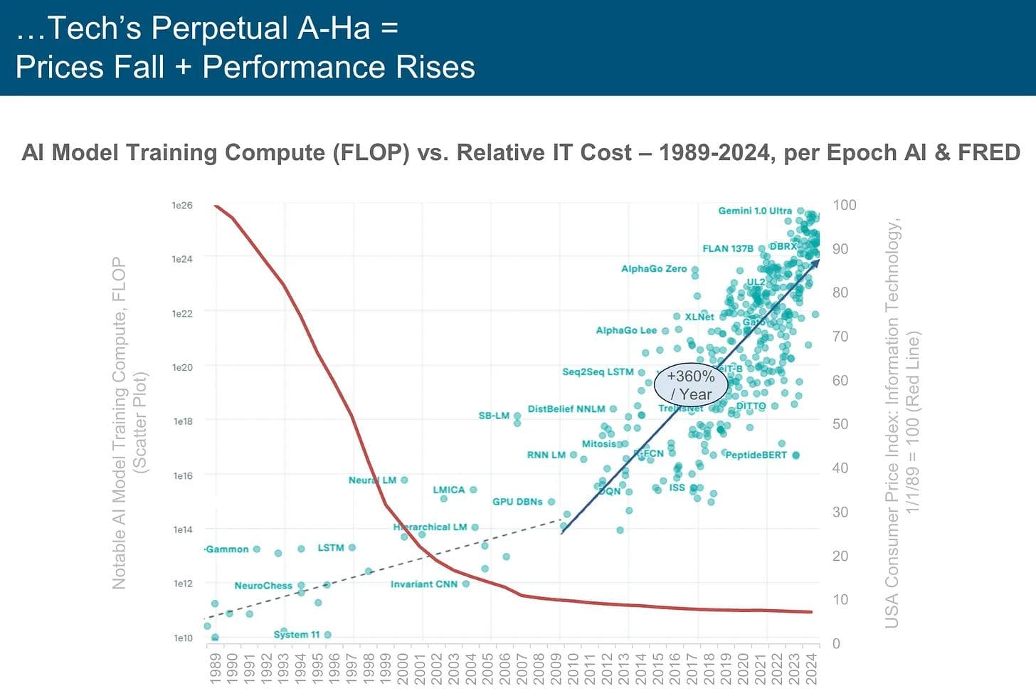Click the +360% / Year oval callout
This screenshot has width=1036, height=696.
click(x=691, y=385)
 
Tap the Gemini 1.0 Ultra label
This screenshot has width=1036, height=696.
click(x=754, y=211)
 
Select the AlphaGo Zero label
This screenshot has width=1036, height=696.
click(x=654, y=269)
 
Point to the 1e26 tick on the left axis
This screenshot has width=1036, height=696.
click(x=182, y=205)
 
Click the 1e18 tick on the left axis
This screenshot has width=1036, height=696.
click(x=183, y=421)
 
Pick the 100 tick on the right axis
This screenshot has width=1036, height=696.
click(x=845, y=205)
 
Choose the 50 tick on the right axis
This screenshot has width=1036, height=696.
click(x=840, y=424)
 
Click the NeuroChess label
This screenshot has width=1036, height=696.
click(x=263, y=586)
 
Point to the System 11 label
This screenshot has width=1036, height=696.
click(x=296, y=634)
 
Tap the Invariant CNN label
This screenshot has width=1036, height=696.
click(x=424, y=584)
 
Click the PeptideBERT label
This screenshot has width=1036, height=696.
click(x=756, y=455)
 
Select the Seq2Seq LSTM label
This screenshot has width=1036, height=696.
click(x=598, y=371)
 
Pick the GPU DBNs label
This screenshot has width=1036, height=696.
click(x=517, y=502)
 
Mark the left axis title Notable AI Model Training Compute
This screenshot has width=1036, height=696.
click(x=119, y=423)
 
